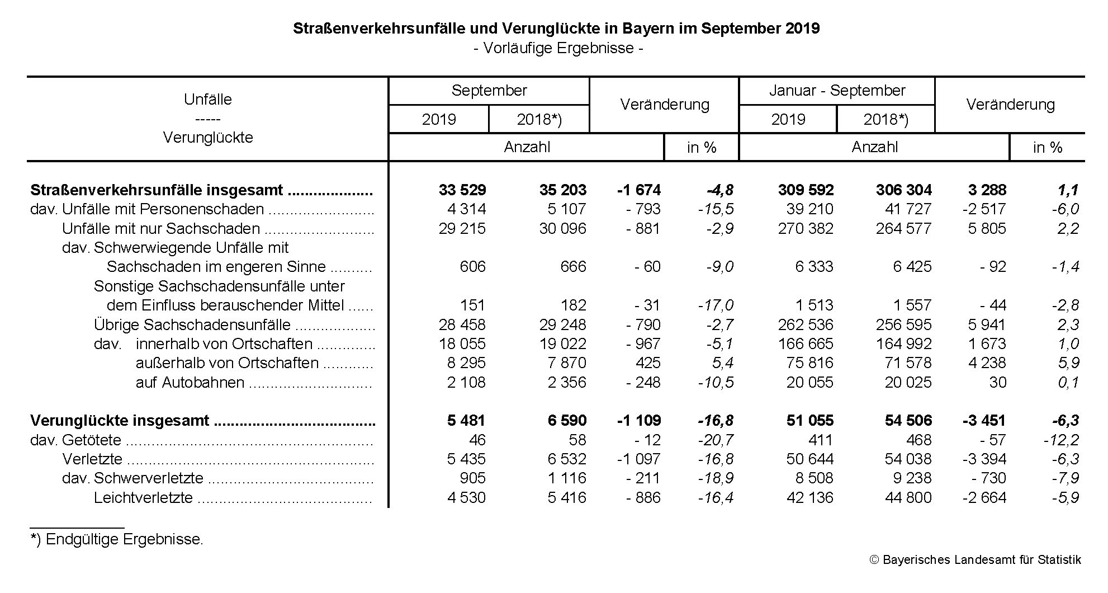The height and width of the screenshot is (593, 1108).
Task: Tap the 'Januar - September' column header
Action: (x=837, y=91)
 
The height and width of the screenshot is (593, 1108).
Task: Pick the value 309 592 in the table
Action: (x=806, y=190)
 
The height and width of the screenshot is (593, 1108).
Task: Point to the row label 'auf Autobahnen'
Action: (x=190, y=383)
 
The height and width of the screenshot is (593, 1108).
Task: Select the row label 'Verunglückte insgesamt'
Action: (x=120, y=421)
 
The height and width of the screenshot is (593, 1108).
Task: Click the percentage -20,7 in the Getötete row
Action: (x=716, y=440)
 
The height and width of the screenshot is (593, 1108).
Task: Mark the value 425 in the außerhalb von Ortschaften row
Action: (x=648, y=363)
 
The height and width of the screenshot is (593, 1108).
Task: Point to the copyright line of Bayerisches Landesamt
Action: (x=976, y=560)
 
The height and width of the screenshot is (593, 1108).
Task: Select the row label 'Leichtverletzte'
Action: (x=143, y=498)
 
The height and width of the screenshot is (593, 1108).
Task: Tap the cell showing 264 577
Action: (x=903, y=229)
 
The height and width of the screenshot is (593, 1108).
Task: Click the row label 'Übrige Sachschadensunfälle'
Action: (x=192, y=325)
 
